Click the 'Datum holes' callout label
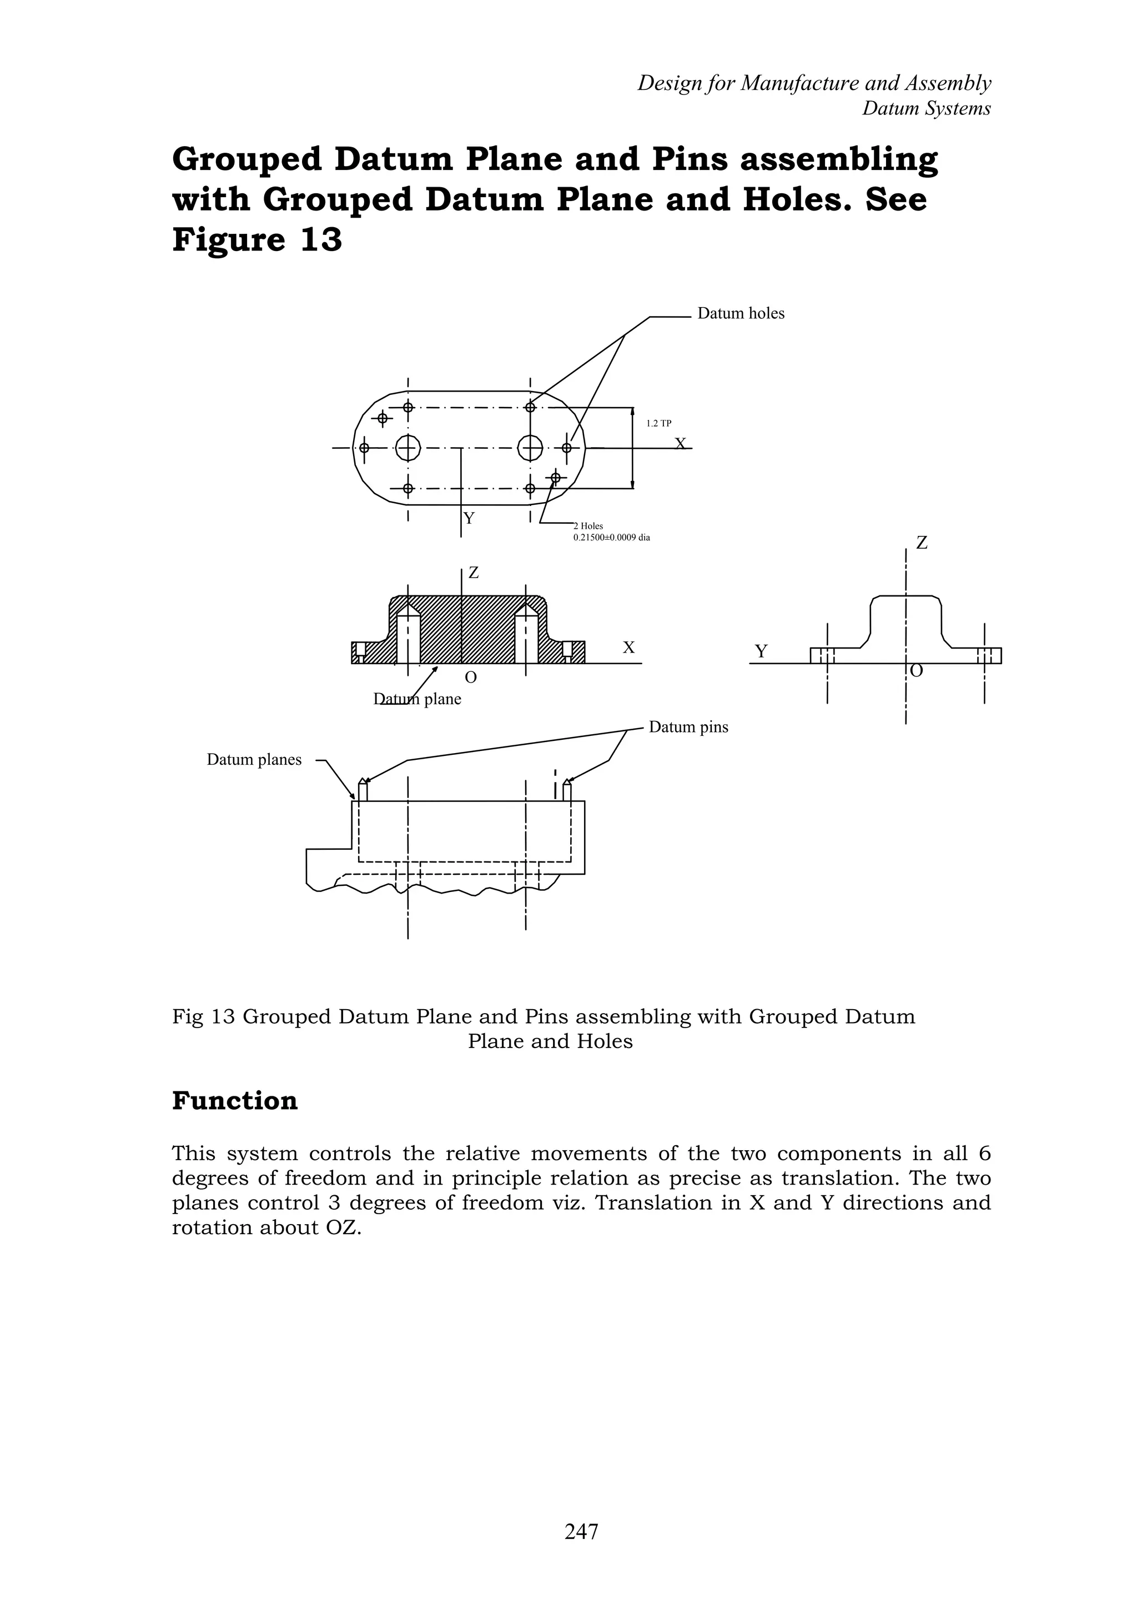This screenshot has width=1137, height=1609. coord(741,313)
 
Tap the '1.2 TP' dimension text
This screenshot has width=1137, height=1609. coord(658,423)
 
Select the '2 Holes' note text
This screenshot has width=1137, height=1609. coord(588,525)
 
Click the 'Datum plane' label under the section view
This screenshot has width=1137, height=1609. coord(417,699)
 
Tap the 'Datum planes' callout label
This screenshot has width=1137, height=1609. coord(254,760)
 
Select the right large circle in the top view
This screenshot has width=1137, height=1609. coord(530,447)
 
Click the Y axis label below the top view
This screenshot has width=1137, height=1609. coord(469,519)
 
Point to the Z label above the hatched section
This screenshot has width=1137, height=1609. coord(474,573)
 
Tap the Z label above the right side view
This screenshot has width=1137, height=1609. coord(922,543)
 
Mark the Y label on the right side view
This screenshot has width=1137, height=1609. coord(761,651)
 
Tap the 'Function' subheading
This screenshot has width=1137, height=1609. coord(235,1100)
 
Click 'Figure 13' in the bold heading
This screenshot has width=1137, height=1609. coord(257,240)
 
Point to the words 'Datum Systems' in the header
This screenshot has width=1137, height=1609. coord(926,109)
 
